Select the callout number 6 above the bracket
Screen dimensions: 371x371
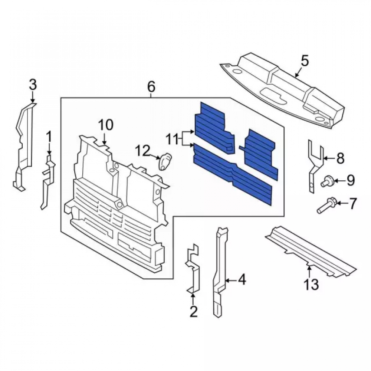tap(151, 87)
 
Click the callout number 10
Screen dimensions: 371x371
tap(106, 125)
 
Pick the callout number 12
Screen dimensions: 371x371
tap(143, 151)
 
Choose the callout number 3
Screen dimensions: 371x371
tap(33, 85)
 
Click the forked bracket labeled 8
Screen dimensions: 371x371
tap(315, 165)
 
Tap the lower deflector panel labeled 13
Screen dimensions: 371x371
tap(310, 252)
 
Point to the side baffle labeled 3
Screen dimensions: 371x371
tap(24, 147)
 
